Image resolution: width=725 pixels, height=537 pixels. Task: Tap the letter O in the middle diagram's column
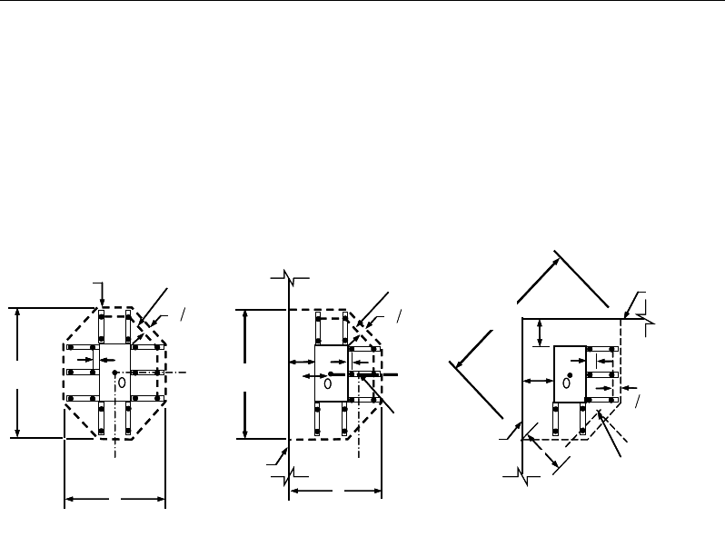326,383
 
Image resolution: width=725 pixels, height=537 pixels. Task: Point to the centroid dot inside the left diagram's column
113,373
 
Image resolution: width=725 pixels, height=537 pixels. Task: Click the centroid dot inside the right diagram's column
570,373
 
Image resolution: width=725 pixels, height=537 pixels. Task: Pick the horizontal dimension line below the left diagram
114,498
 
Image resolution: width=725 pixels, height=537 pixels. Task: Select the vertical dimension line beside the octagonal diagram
17,373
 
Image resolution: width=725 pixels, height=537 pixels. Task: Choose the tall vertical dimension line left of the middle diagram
246,373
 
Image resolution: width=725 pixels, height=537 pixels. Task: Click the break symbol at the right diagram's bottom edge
522,472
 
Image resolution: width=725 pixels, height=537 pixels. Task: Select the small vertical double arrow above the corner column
541,332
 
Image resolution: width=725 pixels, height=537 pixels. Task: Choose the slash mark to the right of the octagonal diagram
182,314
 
